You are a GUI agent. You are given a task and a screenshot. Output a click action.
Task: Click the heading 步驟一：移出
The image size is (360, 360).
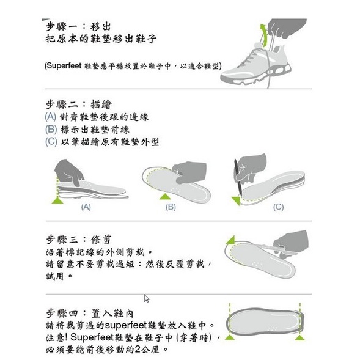[x=78, y=26]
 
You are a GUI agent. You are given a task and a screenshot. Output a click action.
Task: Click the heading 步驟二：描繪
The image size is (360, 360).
[x=79, y=105]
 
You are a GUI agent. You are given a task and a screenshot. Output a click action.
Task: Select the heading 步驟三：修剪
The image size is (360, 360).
[x=79, y=240]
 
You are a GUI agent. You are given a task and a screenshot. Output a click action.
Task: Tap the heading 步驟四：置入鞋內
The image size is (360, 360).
[x=90, y=314]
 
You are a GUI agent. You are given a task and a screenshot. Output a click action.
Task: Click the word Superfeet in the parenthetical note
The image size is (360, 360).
[x=64, y=66]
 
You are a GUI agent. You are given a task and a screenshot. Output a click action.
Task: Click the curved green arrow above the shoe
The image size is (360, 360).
[x=264, y=35]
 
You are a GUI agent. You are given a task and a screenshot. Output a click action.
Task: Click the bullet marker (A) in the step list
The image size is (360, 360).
[x=51, y=117]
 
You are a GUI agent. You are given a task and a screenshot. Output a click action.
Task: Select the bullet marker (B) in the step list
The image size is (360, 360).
[x=51, y=129]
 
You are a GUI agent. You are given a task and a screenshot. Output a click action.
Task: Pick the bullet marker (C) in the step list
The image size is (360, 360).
[x=51, y=142]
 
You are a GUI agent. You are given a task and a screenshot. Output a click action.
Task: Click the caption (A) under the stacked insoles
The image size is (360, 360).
[x=86, y=207]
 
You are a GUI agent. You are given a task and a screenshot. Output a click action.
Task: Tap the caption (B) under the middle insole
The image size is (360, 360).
[x=171, y=207]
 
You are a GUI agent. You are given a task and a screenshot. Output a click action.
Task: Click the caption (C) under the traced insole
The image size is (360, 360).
[x=278, y=207]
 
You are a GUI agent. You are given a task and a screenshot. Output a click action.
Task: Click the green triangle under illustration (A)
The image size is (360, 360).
[x=57, y=200]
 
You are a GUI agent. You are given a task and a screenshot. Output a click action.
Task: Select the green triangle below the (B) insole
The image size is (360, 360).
[x=165, y=197]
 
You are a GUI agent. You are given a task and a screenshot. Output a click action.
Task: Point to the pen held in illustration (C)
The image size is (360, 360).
[x=238, y=177]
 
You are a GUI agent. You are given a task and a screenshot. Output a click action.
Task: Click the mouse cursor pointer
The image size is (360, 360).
[x=147, y=298]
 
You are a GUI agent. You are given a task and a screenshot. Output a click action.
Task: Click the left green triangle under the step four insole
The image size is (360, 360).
[x=230, y=337]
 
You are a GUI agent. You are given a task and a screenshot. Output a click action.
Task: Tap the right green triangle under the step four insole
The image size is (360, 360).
[x=300, y=337]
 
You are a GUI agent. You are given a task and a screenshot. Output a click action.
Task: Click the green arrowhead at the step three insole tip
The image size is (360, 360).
[x=230, y=240]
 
